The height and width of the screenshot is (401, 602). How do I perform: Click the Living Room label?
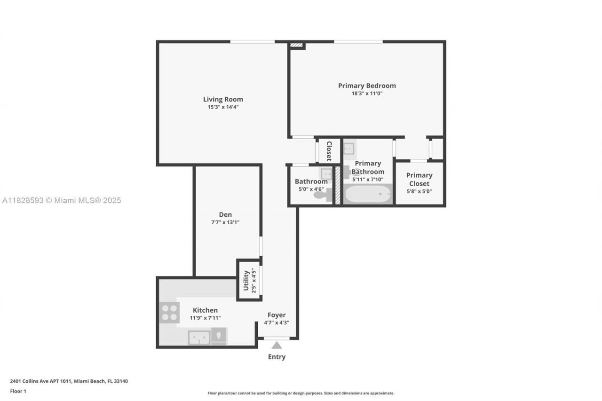(223, 99)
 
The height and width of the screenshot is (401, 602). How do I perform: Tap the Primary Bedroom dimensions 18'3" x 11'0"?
(367, 94)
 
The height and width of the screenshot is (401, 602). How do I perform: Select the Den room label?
(225, 215)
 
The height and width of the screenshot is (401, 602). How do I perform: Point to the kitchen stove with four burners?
(169, 312)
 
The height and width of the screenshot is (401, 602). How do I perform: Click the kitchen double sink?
(199, 338)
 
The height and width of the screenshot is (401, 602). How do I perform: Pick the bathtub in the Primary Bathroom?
(367, 194)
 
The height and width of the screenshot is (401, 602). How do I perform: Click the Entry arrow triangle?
(277, 345)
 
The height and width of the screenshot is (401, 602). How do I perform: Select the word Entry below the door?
(277, 357)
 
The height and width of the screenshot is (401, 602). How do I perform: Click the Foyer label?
(277, 315)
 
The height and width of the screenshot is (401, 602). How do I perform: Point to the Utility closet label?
(246, 281)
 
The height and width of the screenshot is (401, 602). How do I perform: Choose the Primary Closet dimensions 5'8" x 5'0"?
(419, 191)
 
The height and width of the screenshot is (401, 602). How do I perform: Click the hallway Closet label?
(329, 151)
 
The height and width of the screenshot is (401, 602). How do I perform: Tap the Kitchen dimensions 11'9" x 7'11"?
(205, 318)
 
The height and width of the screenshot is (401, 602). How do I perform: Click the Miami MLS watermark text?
(62, 200)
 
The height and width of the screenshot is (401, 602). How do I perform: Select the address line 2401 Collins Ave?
(69, 381)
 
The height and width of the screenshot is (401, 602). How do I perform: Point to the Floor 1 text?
(18, 391)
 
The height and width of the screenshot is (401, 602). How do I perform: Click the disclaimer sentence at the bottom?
(301, 393)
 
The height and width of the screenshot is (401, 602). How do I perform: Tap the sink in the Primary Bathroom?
(349, 149)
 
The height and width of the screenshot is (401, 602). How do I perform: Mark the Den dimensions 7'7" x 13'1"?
(225, 222)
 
